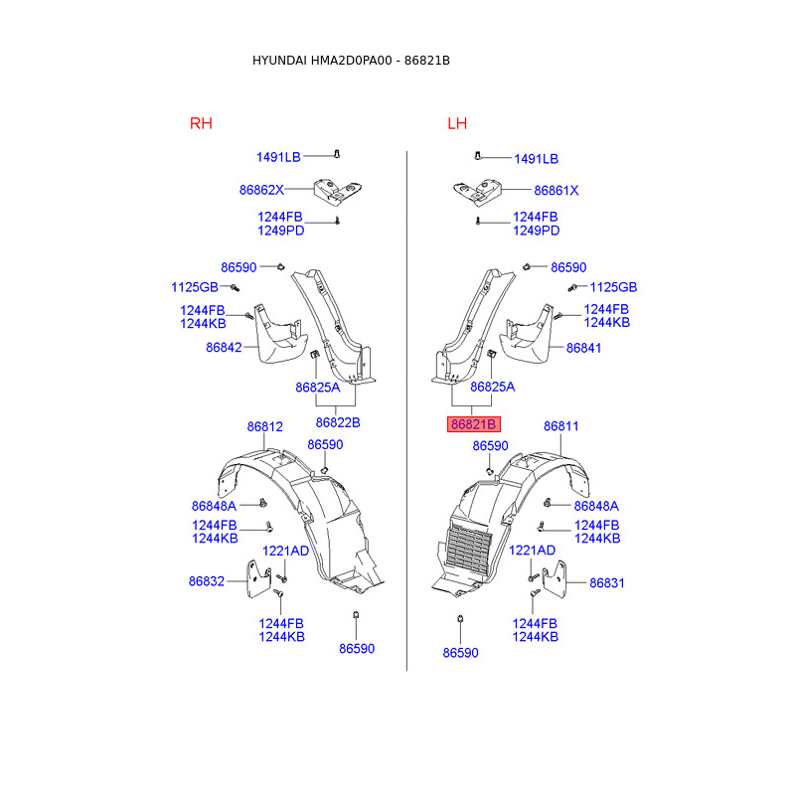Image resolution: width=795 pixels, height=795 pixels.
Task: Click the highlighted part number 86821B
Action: tap(474, 424)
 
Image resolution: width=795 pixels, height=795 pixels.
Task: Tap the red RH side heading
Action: tap(201, 123)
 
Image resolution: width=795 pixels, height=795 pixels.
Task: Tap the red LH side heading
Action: tap(457, 123)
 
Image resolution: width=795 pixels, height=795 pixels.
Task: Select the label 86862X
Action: tap(261, 190)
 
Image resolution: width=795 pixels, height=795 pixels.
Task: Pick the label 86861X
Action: tap(556, 190)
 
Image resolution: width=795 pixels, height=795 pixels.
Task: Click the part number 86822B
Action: tap(337, 421)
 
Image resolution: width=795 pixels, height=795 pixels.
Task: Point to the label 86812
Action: tap(265, 426)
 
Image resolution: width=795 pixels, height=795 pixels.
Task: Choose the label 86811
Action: tap(560, 426)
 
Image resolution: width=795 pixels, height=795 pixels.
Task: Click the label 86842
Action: tap(224, 348)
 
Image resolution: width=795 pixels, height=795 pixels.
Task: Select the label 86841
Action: tap(584, 348)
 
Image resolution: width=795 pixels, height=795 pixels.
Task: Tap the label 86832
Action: tap(207, 582)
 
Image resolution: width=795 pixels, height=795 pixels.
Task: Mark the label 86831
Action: tap(607, 583)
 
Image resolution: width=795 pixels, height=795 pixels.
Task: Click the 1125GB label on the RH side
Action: tap(194, 287)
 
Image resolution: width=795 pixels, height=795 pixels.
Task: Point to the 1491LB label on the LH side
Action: tap(536, 159)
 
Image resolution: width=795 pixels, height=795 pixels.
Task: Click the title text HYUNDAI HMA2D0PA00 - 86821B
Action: tap(351, 61)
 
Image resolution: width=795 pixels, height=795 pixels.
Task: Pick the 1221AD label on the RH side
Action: tap(285, 551)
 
